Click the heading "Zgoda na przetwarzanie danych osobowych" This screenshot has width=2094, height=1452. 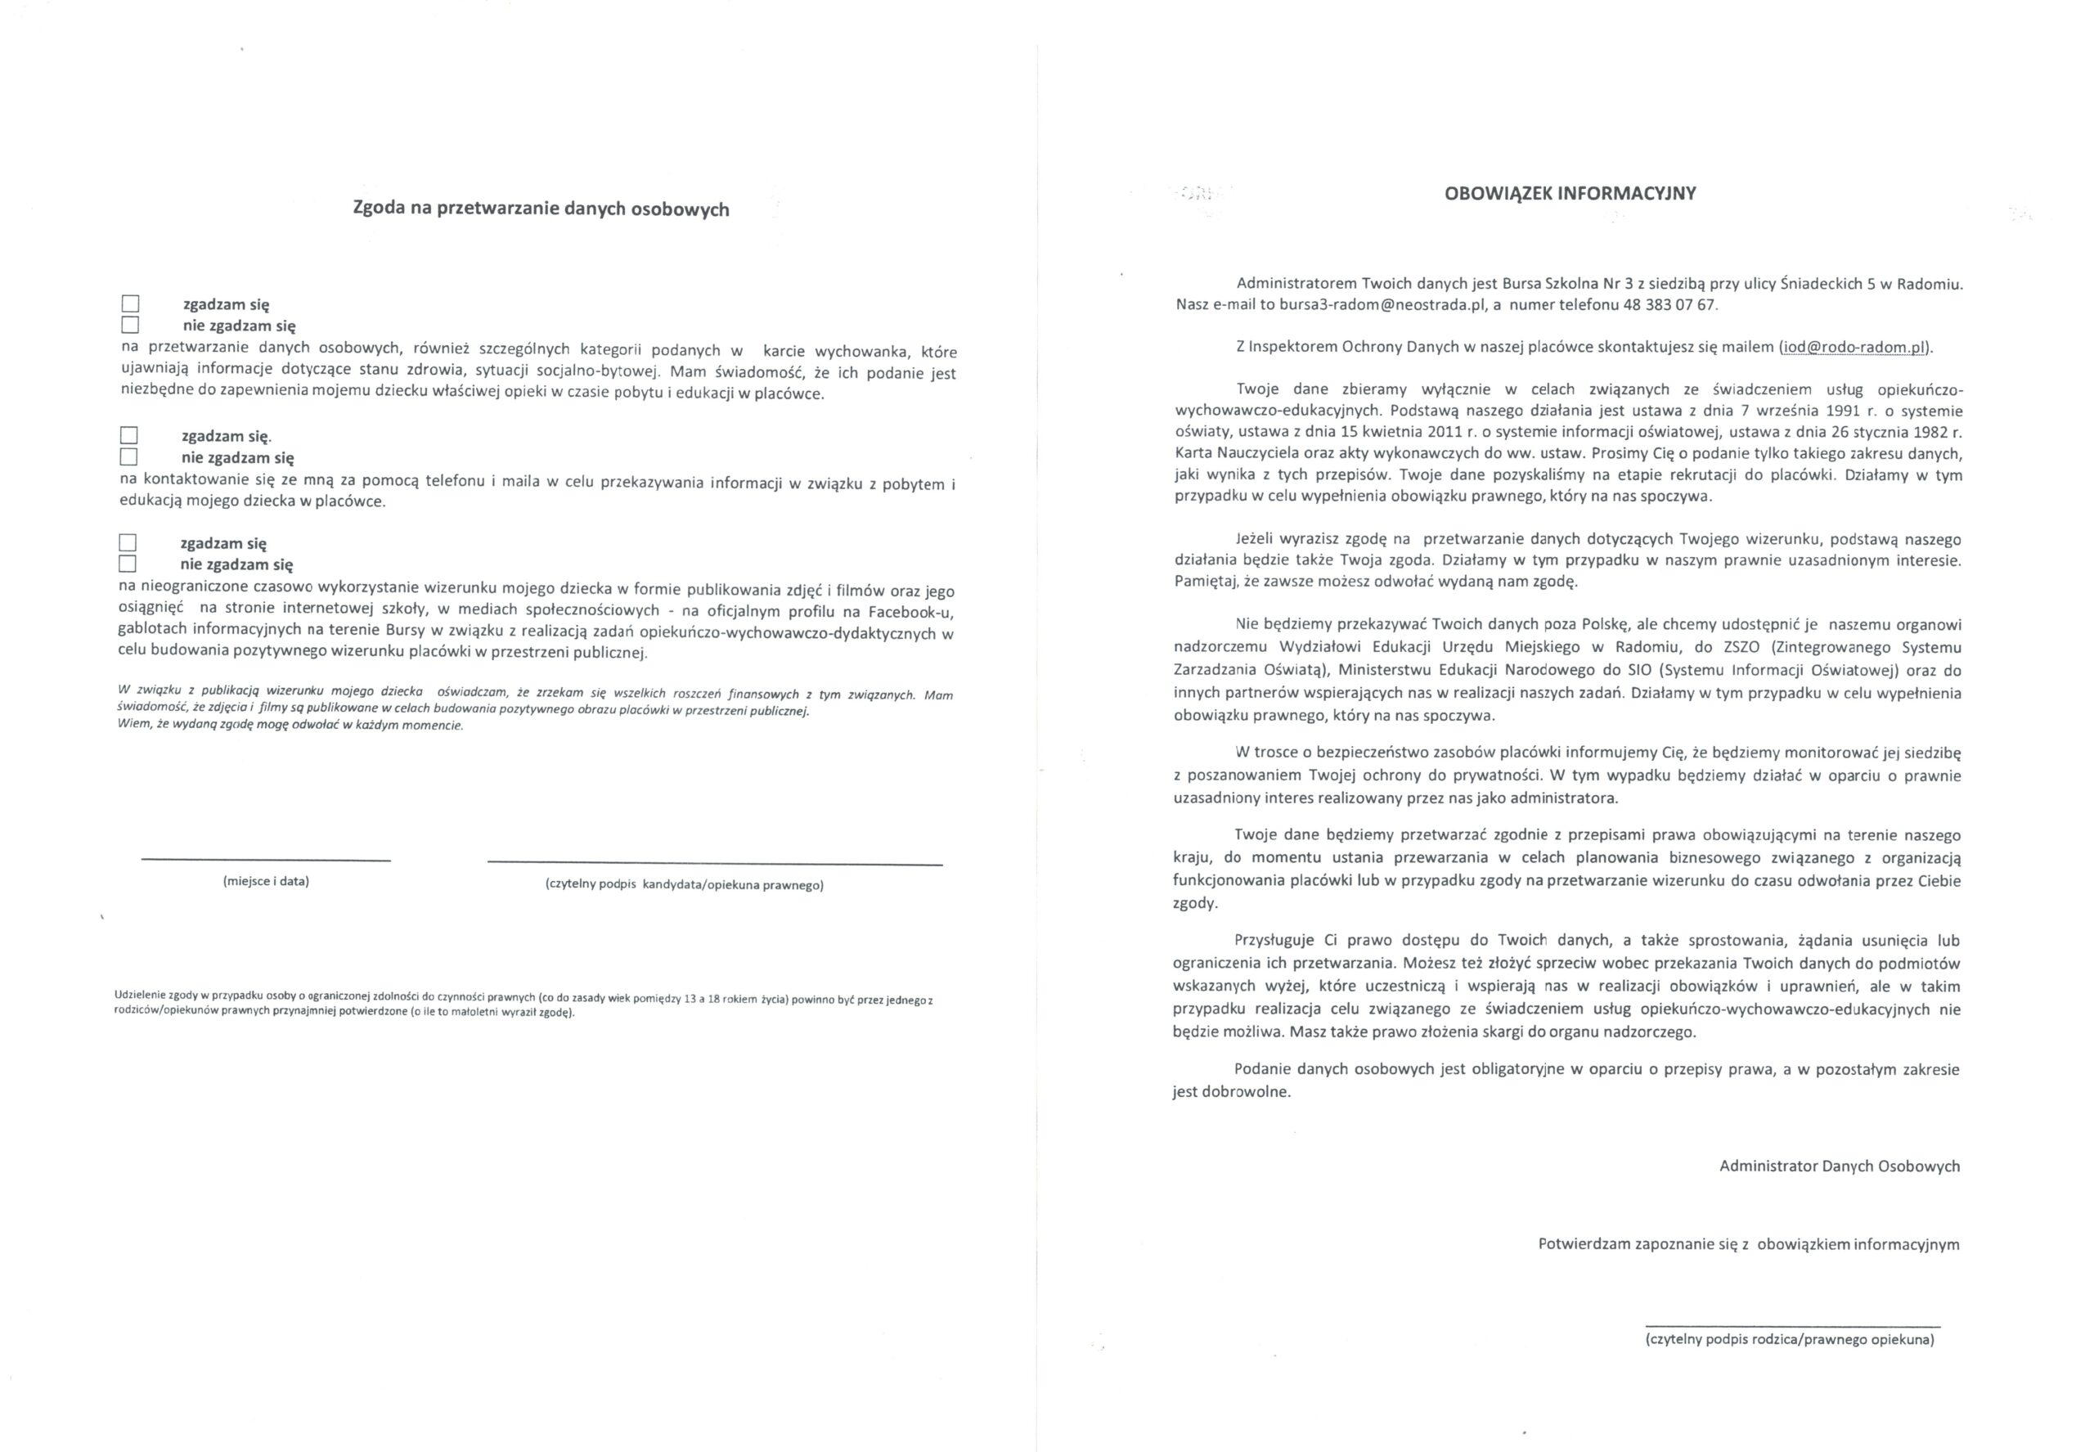click(541, 209)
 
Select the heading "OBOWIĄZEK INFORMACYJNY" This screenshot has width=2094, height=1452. click(1569, 193)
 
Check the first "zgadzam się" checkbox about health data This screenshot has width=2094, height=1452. click(131, 303)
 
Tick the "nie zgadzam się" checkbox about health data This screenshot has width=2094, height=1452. click(131, 325)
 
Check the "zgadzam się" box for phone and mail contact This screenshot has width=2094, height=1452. click(129, 436)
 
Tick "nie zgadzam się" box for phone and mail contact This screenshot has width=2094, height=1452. click(129, 456)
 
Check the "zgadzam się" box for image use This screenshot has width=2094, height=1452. click(128, 543)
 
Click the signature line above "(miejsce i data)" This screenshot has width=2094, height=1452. click(266, 860)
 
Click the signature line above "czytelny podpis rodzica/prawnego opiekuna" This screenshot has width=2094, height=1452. click(1792, 1328)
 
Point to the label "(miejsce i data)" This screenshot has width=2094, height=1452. click(266, 881)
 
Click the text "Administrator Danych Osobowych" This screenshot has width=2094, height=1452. click(1839, 1166)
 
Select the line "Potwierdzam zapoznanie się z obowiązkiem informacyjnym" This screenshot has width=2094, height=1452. click(1748, 1243)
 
